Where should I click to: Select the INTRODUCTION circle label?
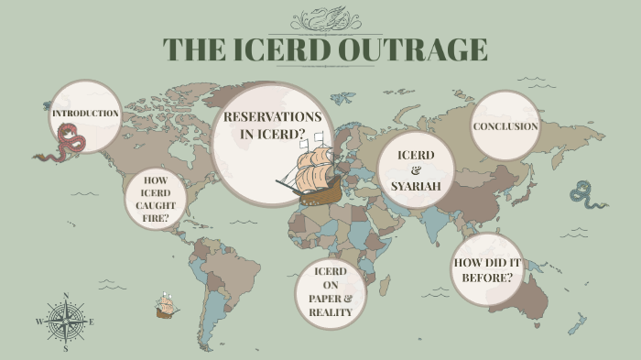(x=85, y=114)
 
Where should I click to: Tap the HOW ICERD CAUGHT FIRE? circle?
(x=156, y=199)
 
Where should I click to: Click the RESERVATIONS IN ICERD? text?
(x=272, y=125)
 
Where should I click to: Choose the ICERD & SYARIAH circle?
(x=416, y=169)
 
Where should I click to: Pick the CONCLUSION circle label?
(x=505, y=126)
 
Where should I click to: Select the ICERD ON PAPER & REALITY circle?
(x=330, y=292)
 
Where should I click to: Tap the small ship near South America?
(x=166, y=307)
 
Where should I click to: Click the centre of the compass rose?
(x=66, y=322)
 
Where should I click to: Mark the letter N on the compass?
(x=66, y=296)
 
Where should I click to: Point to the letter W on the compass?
(x=38, y=322)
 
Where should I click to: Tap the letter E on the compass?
(x=92, y=322)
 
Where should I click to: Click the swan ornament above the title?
(x=326, y=19)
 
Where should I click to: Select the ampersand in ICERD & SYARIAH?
(x=416, y=170)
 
